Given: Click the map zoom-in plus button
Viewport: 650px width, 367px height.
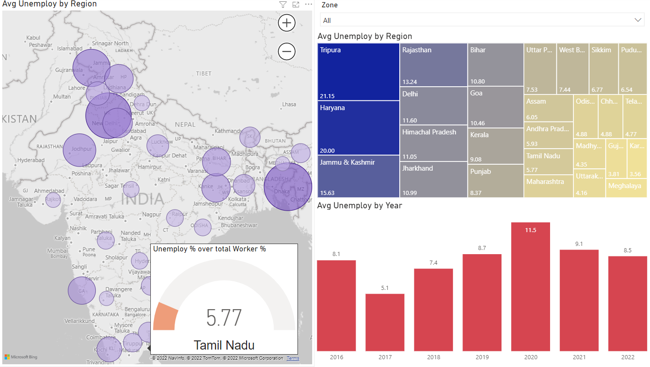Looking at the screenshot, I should click(x=287, y=22).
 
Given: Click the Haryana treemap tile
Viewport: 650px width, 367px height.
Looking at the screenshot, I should click(x=358, y=128).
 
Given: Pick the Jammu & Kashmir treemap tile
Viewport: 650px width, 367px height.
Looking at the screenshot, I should click(x=358, y=176).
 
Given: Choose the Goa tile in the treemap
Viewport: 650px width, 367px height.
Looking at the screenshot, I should click(x=496, y=106).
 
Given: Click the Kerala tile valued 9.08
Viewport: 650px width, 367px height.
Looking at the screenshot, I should click(x=496, y=146).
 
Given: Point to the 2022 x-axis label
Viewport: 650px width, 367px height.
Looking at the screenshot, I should click(x=628, y=357).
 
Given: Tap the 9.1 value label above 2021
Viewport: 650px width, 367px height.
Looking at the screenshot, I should click(x=579, y=244).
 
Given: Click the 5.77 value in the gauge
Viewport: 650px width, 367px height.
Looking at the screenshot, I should click(x=224, y=318).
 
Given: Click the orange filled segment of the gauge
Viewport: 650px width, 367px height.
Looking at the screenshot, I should click(x=165, y=317).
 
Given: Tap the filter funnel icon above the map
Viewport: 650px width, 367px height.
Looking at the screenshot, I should click(x=283, y=5).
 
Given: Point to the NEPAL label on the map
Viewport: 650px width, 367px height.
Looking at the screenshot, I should click(x=185, y=124).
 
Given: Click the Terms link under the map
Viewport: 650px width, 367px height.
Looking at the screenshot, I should click(x=293, y=358).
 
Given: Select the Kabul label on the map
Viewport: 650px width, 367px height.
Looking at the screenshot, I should click(x=33, y=38).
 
